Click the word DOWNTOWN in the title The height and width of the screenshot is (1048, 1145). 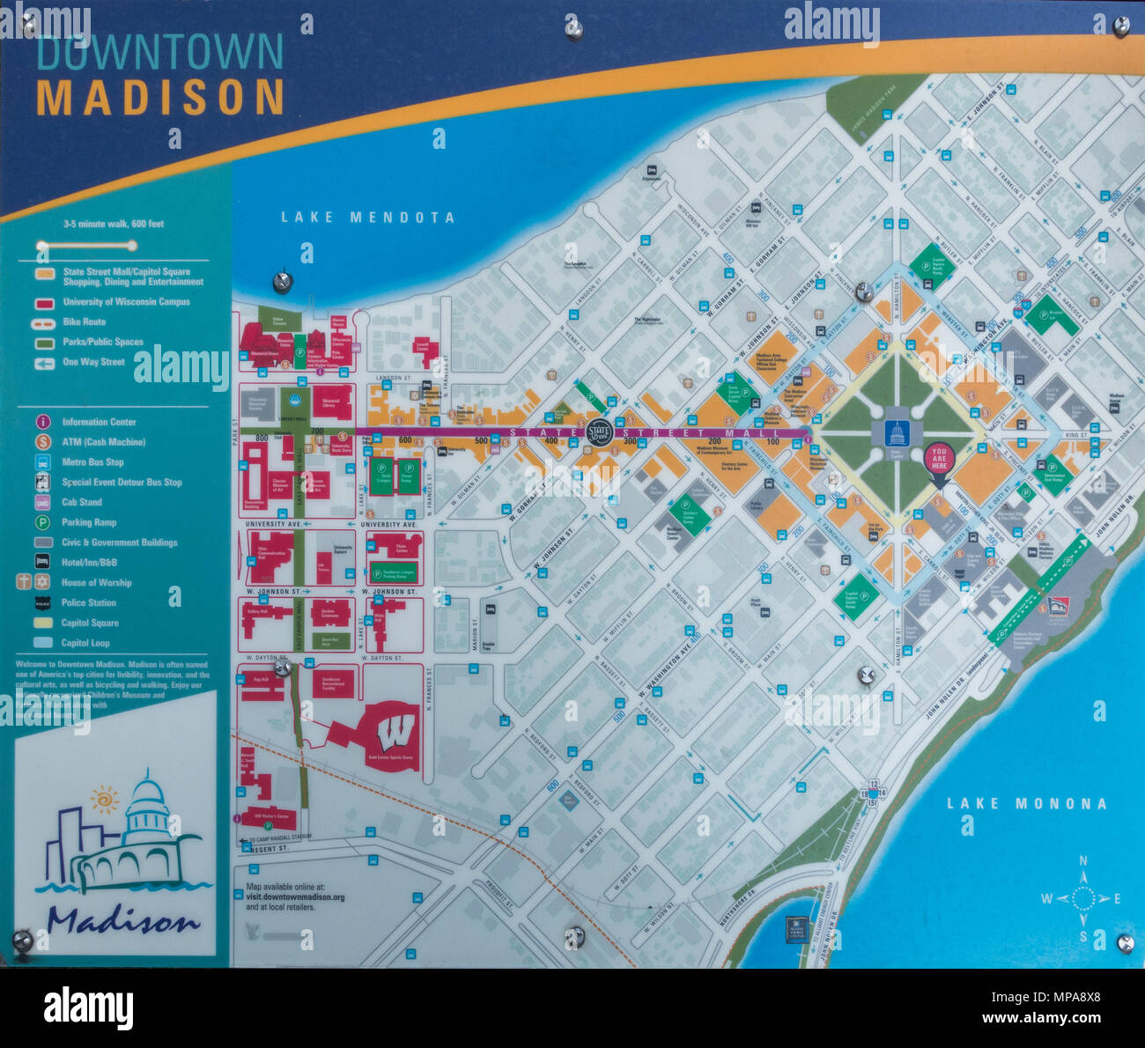159,52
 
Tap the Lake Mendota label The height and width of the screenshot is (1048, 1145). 367,218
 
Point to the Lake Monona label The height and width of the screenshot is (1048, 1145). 1026,803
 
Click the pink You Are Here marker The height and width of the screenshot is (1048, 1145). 939,459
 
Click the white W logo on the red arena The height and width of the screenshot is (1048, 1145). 395,731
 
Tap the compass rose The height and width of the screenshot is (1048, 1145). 1082,898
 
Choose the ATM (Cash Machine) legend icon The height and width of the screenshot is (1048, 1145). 42,442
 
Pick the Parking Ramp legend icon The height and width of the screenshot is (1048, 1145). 42,522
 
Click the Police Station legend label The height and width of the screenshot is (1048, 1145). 89,602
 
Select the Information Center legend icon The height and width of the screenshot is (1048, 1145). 42,422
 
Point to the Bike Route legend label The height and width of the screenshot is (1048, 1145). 84,322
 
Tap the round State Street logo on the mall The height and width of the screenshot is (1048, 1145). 599,432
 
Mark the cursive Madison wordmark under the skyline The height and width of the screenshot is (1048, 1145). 123,920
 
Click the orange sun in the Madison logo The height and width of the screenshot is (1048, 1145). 105,800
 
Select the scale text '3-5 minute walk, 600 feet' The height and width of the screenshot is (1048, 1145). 114,224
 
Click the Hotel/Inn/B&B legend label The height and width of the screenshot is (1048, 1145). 89,562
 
